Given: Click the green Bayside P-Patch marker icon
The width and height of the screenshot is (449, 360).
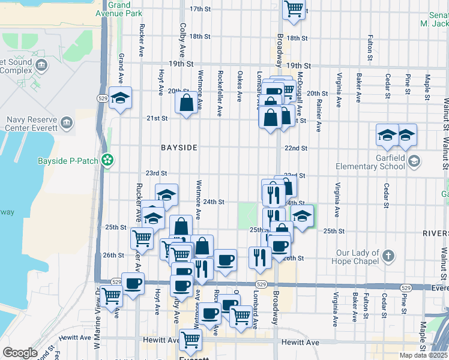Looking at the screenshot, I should [x=107, y=160].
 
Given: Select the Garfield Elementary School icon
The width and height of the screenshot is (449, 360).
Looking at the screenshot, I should [x=415, y=160].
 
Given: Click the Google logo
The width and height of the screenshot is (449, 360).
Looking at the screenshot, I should [x=20, y=353].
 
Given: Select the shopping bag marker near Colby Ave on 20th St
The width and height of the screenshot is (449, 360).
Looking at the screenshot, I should [x=187, y=103].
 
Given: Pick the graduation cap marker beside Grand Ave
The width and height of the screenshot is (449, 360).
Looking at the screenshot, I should [x=121, y=98].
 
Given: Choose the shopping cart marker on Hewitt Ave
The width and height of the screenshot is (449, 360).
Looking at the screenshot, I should [x=190, y=340].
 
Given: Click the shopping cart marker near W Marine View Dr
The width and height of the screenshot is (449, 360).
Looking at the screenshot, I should [x=111, y=296].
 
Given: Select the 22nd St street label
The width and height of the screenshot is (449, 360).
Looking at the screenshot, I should [x=296, y=148].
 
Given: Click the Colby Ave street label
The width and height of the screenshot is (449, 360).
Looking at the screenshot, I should [x=181, y=37].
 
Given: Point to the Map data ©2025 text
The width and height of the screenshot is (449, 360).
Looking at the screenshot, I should [x=424, y=355].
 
